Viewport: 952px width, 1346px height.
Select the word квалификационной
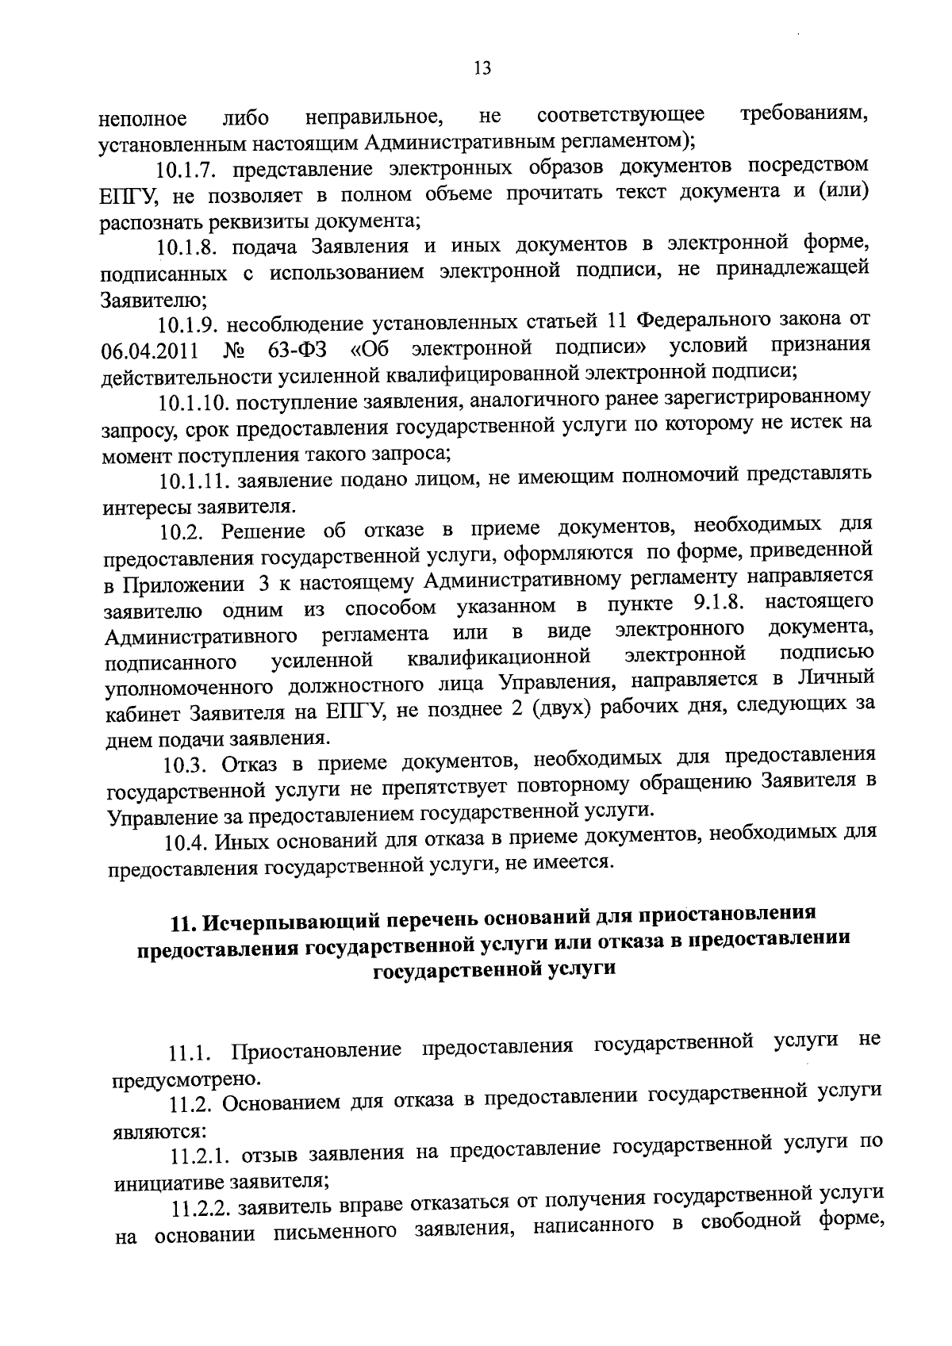[499, 658]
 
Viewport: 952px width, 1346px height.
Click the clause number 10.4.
[189, 840]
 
